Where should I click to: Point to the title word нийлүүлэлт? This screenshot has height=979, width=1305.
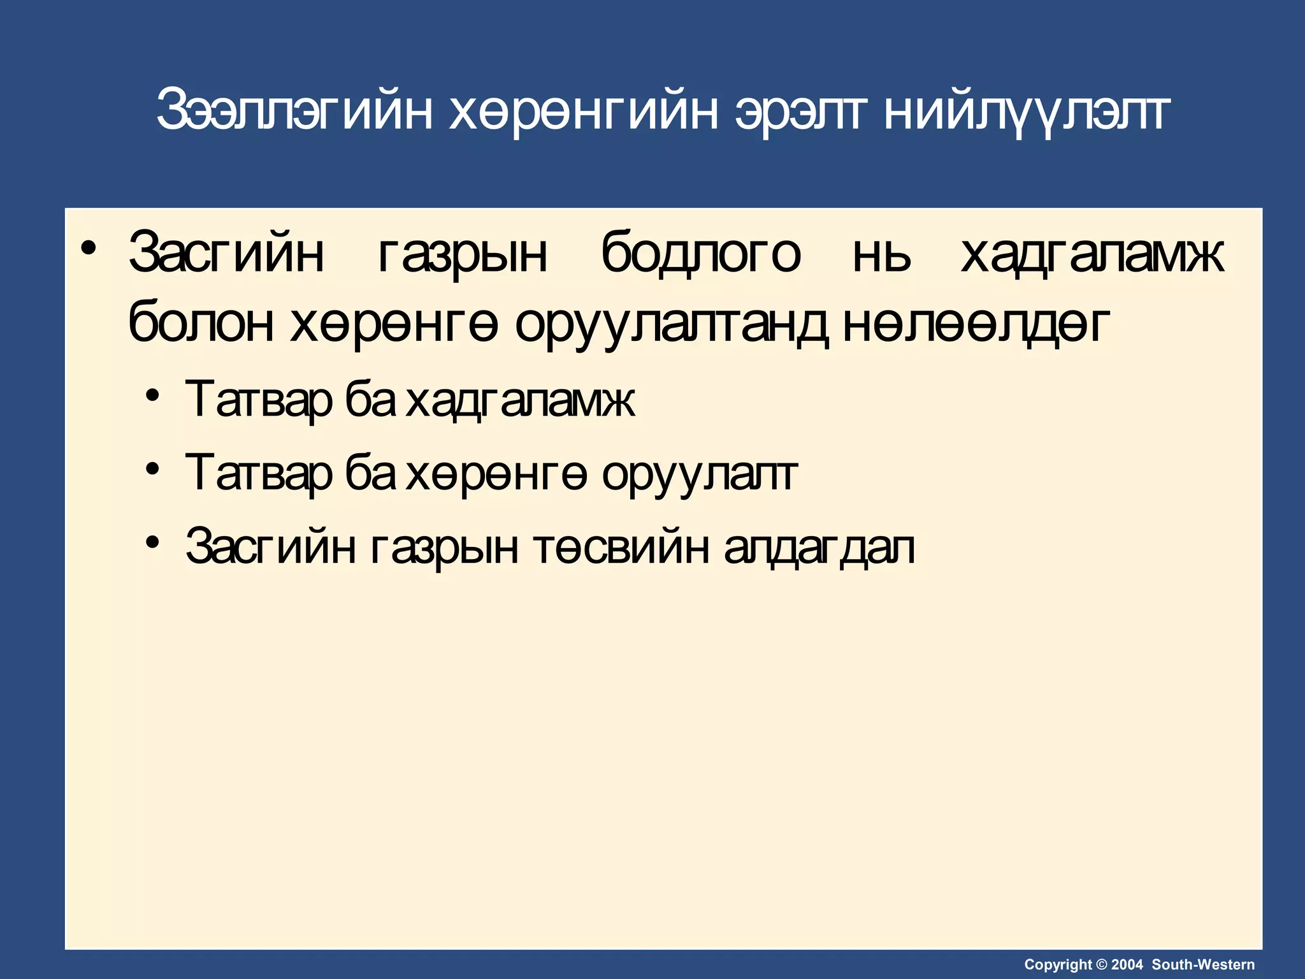[1026, 110]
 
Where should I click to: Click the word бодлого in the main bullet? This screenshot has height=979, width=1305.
[700, 253]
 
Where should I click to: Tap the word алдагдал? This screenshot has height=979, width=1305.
[819, 547]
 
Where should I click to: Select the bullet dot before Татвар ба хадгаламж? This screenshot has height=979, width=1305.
[152, 396]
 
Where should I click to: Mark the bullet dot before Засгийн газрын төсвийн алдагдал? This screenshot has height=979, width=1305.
[152, 542]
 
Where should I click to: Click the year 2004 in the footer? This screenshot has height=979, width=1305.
[1127, 965]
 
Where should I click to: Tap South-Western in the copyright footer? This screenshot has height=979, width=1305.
[1203, 965]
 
